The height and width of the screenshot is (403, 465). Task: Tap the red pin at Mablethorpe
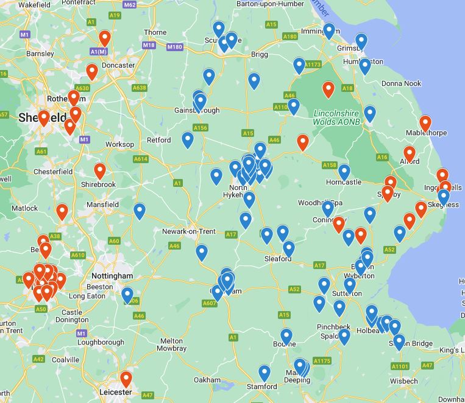click(x=425, y=124)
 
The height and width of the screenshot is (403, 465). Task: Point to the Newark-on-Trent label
click(x=189, y=231)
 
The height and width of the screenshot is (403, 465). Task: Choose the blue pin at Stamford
click(x=264, y=373)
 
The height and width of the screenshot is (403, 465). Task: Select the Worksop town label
click(x=119, y=144)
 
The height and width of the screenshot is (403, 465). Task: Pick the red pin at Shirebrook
click(x=100, y=172)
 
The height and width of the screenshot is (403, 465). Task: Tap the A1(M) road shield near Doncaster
click(x=98, y=52)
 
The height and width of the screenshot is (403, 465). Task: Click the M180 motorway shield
click(x=174, y=47)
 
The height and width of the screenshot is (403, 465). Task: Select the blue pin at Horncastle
click(x=344, y=172)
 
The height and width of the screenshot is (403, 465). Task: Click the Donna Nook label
click(x=401, y=83)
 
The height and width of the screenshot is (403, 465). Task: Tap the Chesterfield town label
click(x=53, y=172)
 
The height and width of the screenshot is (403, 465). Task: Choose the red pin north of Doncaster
click(x=105, y=39)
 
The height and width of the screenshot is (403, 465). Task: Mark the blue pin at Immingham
click(x=329, y=31)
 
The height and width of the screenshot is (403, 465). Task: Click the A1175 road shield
click(x=322, y=361)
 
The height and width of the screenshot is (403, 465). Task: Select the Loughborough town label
click(x=101, y=342)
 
